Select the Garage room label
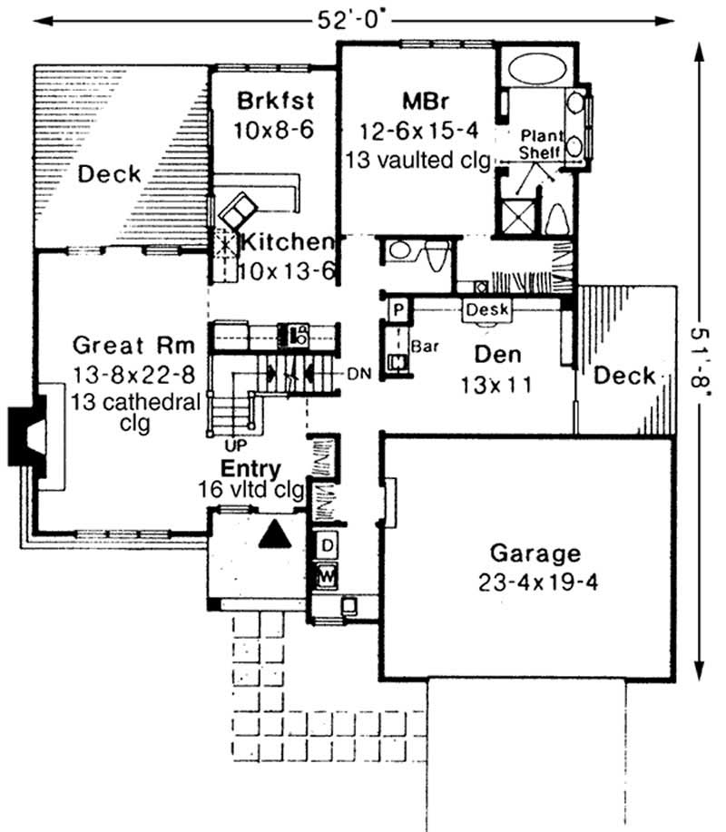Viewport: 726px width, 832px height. click(x=534, y=553)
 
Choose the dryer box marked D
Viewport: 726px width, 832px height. click(x=326, y=545)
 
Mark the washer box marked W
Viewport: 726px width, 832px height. click(x=326, y=574)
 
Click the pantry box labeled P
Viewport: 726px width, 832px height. click(x=397, y=309)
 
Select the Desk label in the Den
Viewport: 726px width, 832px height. click(x=487, y=309)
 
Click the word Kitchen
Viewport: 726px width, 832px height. click(x=285, y=242)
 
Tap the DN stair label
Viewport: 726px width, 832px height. click(x=356, y=373)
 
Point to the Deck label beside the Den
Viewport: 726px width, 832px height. click(x=625, y=375)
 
